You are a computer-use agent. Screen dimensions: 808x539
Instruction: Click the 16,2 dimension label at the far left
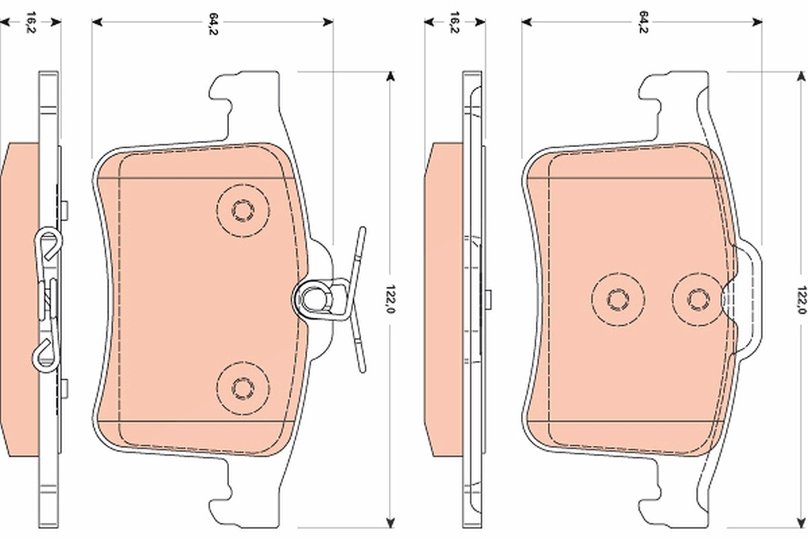point(31,22)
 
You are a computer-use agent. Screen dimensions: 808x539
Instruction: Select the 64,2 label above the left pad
point(213,24)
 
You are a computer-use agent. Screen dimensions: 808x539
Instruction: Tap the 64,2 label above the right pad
point(643,22)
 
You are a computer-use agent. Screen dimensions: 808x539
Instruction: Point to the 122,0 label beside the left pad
point(390,299)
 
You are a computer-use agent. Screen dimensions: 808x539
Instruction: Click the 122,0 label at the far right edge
point(801,300)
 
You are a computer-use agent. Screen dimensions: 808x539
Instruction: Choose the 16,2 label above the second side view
point(454,22)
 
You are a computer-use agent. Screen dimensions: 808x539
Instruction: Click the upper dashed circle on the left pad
point(243,210)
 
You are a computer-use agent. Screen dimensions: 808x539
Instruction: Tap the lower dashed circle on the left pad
point(243,388)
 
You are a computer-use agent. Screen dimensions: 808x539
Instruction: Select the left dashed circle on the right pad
point(618,299)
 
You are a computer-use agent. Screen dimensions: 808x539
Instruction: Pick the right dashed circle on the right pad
point(699,299)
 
